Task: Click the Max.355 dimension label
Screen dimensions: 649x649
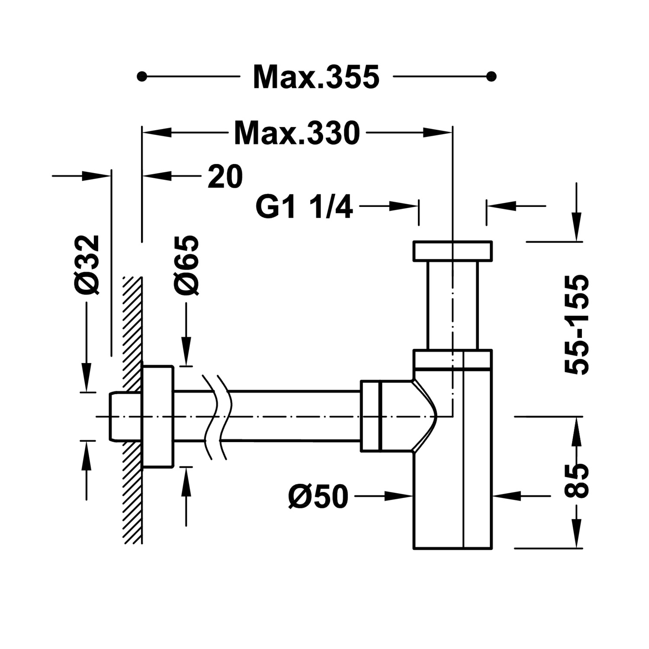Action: point(316,77)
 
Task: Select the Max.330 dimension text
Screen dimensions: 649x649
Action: point(297,133)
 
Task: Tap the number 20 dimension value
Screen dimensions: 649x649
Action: point(225,176)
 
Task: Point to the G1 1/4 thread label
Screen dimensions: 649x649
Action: point(305,207)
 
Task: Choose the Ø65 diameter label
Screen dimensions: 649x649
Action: point(187,265)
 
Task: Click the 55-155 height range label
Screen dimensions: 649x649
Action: point(577,324)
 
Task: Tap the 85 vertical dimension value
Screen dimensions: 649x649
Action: point(577,481)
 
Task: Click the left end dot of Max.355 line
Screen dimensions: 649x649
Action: point(140,77)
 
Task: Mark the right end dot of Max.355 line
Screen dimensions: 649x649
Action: point(491,77)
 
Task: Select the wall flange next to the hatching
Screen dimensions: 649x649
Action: point(158,416)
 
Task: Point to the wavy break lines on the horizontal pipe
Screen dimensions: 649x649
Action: point(215,416)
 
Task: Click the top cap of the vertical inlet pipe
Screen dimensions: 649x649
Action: point(453,251)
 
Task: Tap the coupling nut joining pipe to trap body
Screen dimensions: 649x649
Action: point(370,416)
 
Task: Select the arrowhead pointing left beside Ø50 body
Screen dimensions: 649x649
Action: point(506,495)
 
